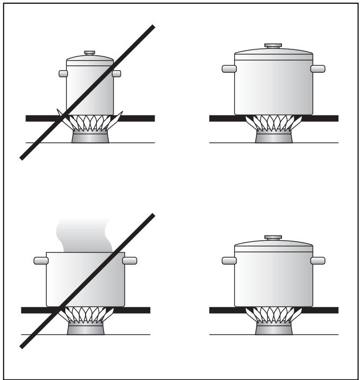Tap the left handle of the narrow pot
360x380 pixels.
[x=62, y=73]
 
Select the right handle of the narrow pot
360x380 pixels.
[x=117, y=73]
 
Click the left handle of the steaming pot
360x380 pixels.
[x=40, y=260]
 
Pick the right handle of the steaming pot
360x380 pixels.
[x=130, y=260]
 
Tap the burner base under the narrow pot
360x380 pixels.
[x=90, y=137]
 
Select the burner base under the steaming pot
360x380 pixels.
[x=85, y=328]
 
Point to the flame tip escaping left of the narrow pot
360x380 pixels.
[x=60, y=113]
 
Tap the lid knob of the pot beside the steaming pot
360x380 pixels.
[x=273, y=238]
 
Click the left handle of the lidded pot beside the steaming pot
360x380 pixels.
[x=229, y=260]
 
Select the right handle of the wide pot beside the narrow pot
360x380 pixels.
[x=318, y=69]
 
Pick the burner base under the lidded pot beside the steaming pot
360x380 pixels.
[x=273, y=328]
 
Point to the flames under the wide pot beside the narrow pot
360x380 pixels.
[x=273, y=123]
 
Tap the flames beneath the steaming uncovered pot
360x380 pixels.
[x=85, y=315]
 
